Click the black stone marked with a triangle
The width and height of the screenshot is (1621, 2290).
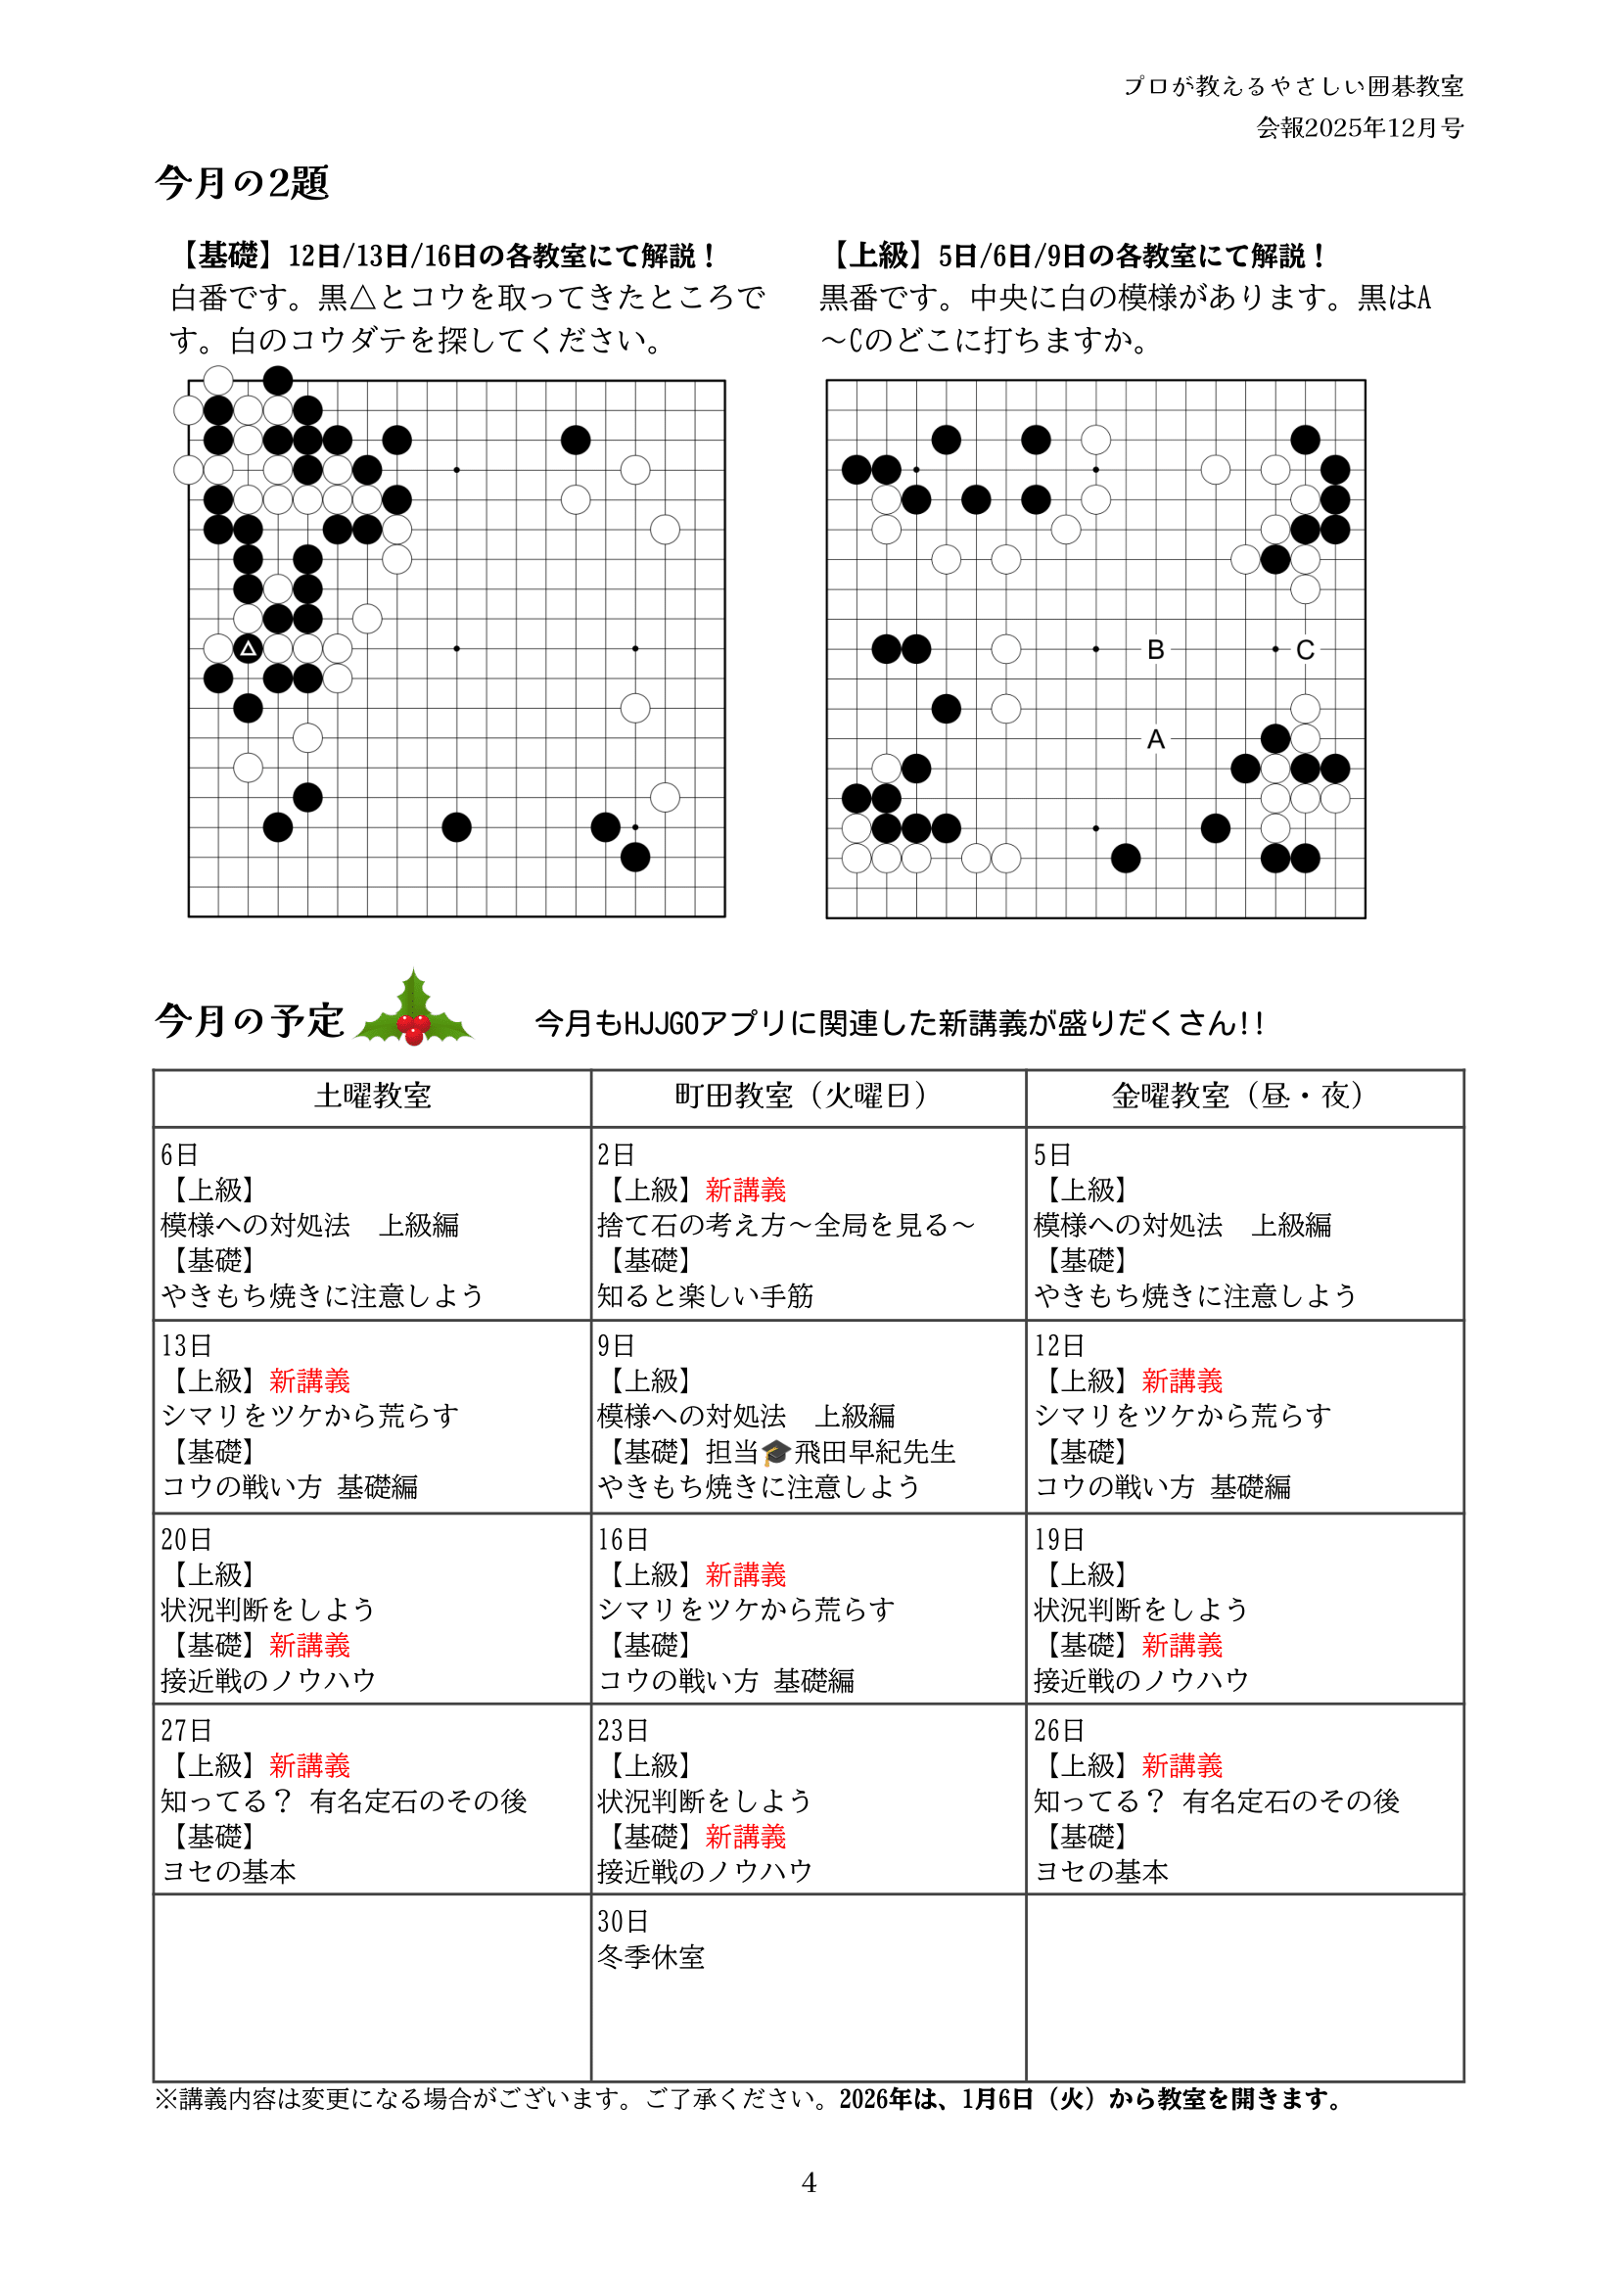click(x=248, y=649)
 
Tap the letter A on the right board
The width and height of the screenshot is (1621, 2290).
click(x=1156, y=740)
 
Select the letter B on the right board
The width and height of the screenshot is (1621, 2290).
click(x=1156, y=650)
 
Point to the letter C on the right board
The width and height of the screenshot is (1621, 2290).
click(x=1305, y=650)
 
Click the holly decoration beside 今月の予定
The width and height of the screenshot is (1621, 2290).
click(x=413, y=1010)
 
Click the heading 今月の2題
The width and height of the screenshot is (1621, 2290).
click(x=242, y=183)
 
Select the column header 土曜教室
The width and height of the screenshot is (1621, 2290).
click(x=372, y=1097)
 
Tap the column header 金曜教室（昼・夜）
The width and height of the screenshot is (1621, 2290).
click(x=1243, y=1097)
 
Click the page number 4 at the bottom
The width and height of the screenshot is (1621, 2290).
click(x=809, y=2183)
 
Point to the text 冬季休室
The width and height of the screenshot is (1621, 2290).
click(x=651, y=1956)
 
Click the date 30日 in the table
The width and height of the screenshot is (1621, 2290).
click(x=623, y=1921)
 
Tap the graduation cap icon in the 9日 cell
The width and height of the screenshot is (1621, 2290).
click(x=775, y=1453)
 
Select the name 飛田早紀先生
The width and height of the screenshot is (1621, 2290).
click(x=874, y=1453)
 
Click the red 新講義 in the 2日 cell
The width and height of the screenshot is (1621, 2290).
click(x=746, y=1190)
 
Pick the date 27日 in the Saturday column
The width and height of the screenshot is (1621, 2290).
click(x=187, y=1730)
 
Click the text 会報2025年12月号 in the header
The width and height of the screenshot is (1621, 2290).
click(x=1360, y=128)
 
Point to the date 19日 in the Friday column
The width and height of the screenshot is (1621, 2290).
click(x=1059, y=1539)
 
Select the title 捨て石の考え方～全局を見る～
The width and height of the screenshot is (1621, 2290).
click(x=786, y=1225)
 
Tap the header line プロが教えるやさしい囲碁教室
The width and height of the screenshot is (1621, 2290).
click(x=1294, y=87)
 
